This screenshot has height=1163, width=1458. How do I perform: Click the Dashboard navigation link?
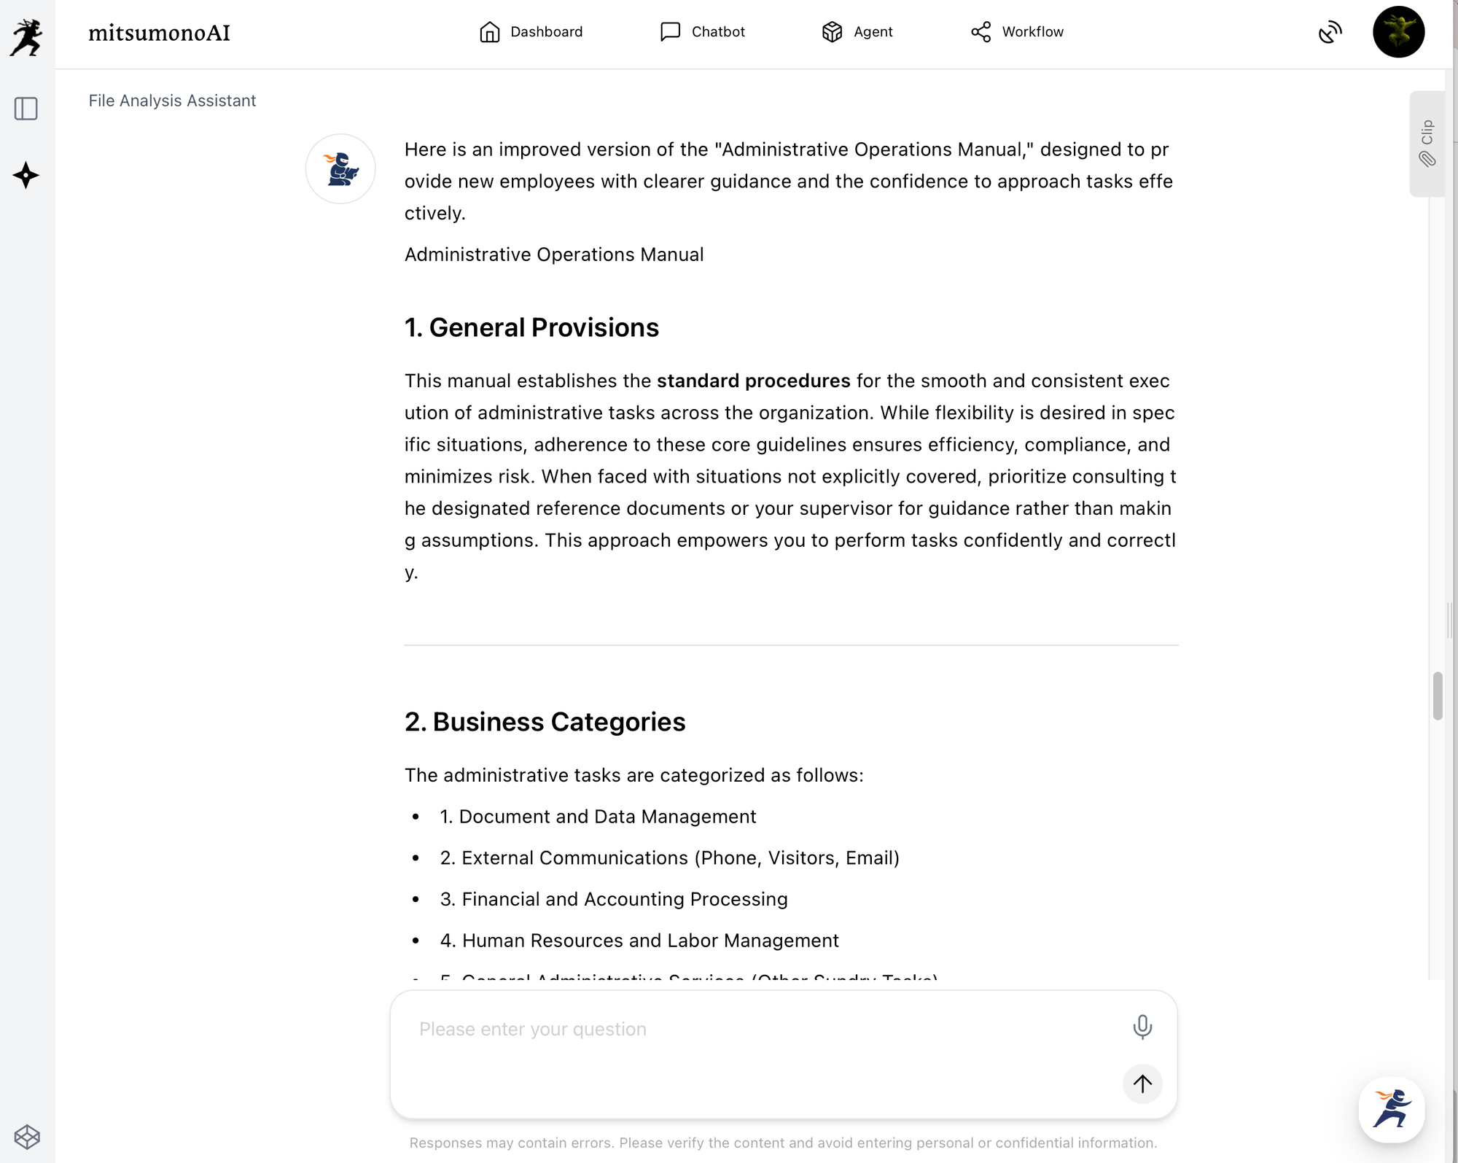(531, 32)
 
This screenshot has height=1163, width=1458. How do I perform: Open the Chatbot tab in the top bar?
(702, 32)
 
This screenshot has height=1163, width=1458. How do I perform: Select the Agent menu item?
(857, 32)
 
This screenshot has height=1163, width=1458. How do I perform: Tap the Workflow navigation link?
(1017, 32)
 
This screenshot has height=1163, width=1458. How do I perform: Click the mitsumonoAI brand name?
(159, 33)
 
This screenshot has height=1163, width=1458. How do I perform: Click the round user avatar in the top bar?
(1397, 32)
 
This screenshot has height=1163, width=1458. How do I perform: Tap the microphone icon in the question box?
(1142, 1027)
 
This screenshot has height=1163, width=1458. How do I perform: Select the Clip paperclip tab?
(1427, 144)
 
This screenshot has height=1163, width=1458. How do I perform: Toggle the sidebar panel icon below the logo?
(26, 109)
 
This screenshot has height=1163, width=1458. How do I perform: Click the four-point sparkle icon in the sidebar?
(26, 175)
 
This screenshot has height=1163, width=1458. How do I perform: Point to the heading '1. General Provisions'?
(531, 327)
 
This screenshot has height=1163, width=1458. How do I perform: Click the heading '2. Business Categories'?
(545, 722)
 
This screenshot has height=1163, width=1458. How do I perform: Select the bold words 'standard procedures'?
(753, 381)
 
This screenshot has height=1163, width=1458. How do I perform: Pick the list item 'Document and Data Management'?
(607, 817)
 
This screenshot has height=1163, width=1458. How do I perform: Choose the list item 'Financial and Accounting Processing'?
(624, 899)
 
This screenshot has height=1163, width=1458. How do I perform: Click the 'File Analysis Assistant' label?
(172, 101)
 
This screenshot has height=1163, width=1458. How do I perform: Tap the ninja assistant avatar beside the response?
(340, 169)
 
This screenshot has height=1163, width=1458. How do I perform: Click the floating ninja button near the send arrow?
(1391, 1110)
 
